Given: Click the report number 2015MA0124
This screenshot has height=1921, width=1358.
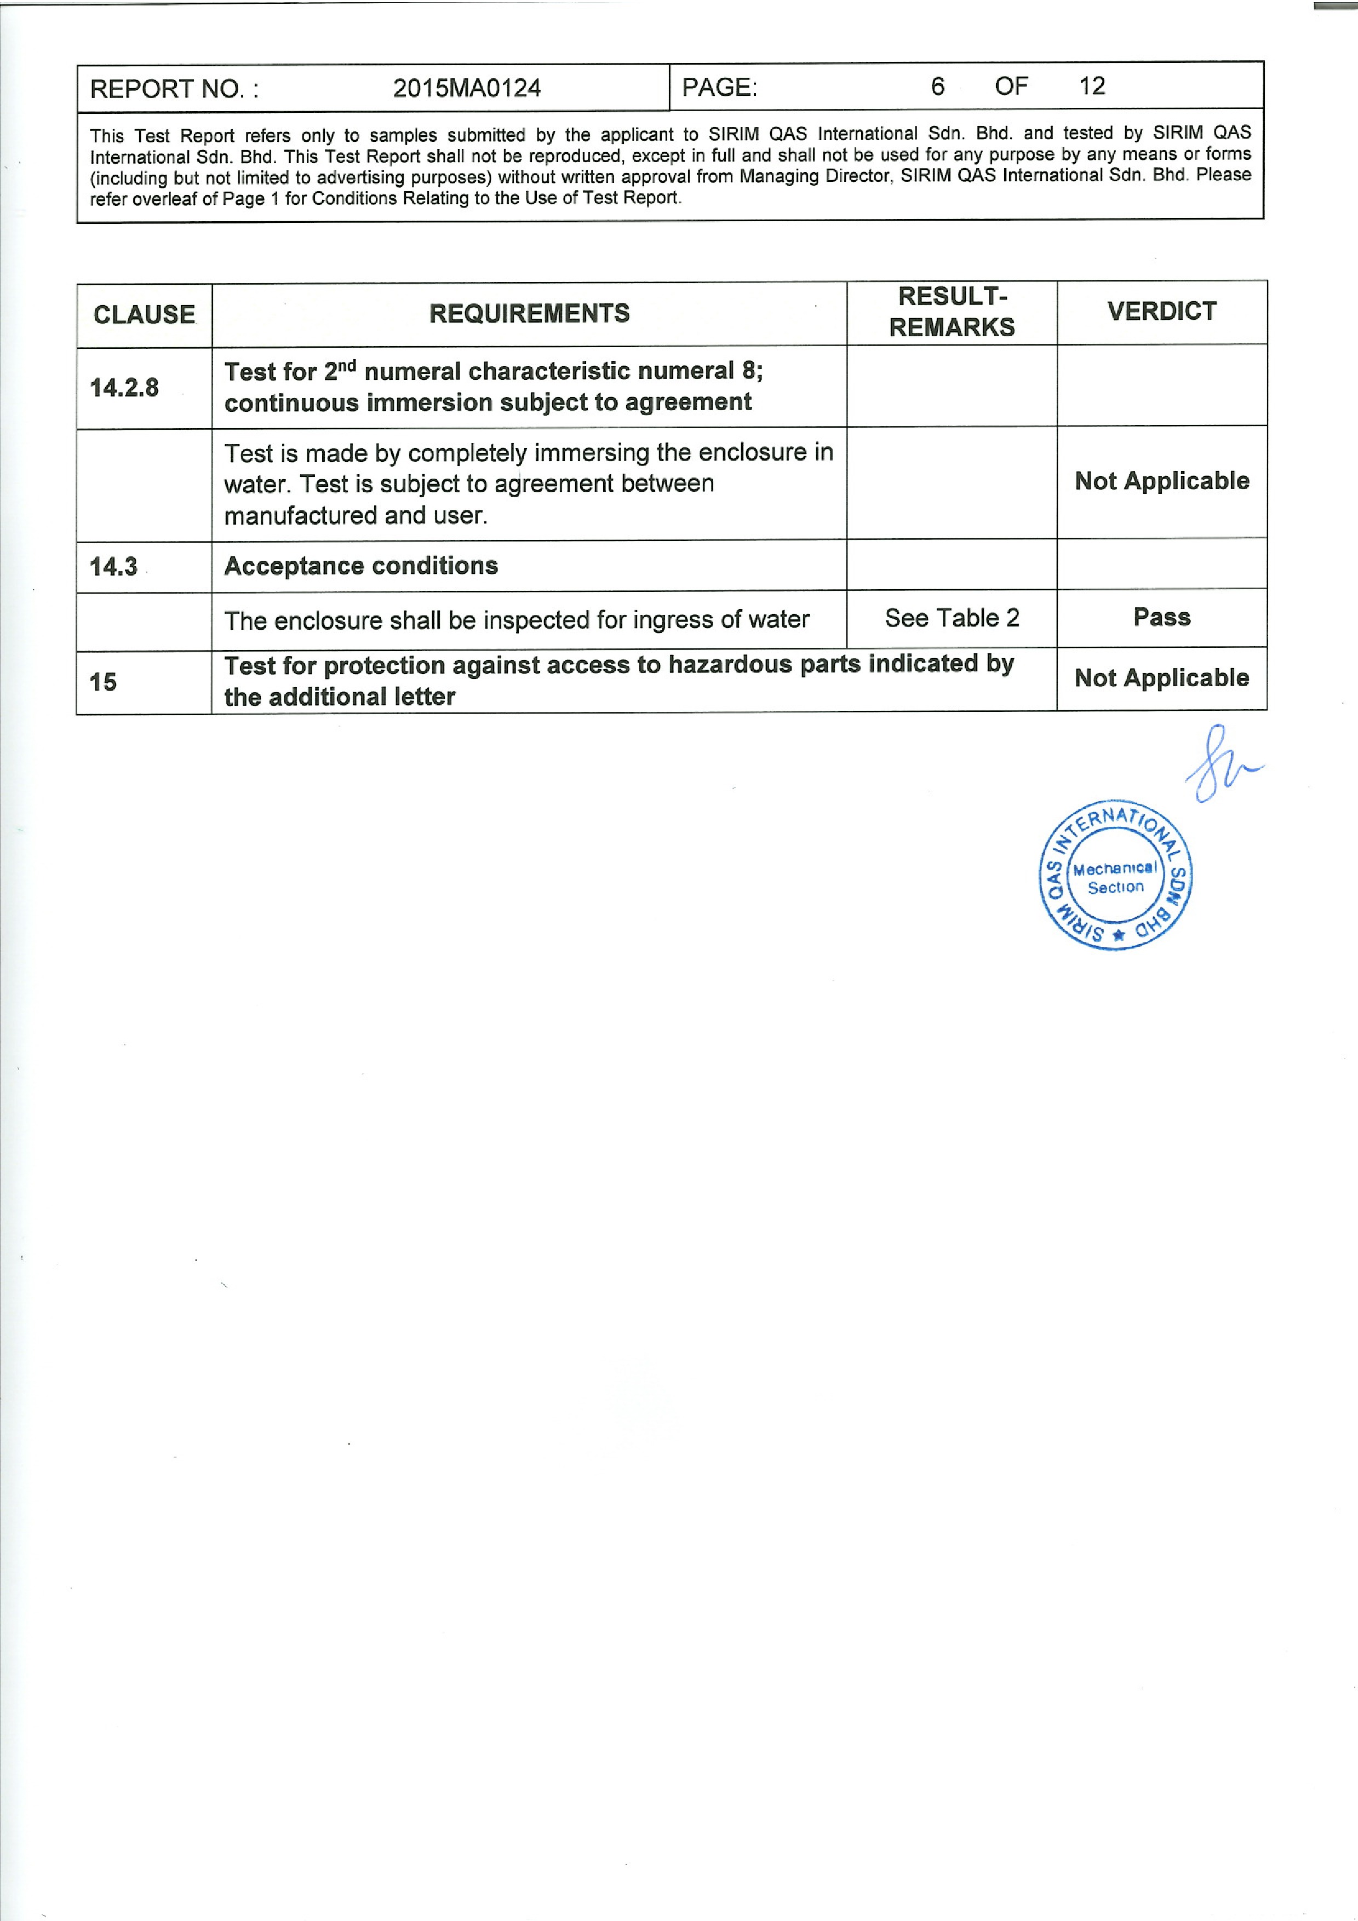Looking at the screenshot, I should pyautogui.click(x=466, y=88).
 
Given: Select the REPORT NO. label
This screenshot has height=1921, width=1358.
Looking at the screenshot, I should pyautogui.click(x=174, y=89).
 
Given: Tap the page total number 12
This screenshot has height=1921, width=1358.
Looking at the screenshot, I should pyautogui.click(x=1091, y=85).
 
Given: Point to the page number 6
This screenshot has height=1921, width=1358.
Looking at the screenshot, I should pyautogui.click(x=937, y=86).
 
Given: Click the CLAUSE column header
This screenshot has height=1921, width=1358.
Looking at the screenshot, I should pyautogui.click(x=144, y=314).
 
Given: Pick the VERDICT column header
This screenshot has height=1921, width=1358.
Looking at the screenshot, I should pyautogui.click(x=1161, y=311).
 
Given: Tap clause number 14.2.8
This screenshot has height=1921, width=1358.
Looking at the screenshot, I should pyautogui.click(x=124, y=387).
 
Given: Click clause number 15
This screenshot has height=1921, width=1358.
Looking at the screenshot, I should pyautogui.click(x=103, y=682).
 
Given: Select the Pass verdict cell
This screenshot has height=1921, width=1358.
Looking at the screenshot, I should pyautogui.click(x=1161, y=618).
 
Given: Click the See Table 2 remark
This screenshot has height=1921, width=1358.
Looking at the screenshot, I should pyautogui.click(x=952, y=618).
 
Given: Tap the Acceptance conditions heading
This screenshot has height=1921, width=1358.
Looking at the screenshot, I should pyautogui.click(x=360, y=566).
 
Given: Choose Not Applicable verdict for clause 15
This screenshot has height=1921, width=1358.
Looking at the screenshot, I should pyautogui.click(x=1161, y=678).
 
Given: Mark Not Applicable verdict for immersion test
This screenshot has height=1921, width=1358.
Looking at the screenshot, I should pyautogui.click(x=1161, y=481).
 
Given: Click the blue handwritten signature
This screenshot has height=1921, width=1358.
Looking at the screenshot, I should pyautogui.click(x=1220, y=764).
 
